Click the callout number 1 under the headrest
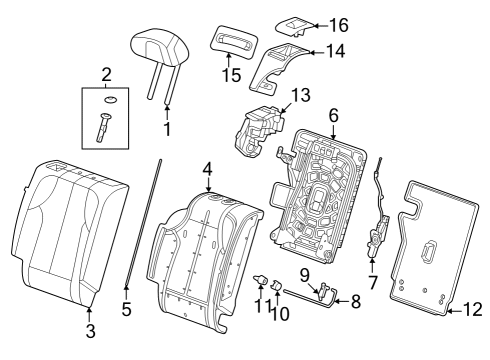pyautogui.click(x=167, y=128)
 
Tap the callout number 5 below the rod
pyautogui.click(x=126, y=309)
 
